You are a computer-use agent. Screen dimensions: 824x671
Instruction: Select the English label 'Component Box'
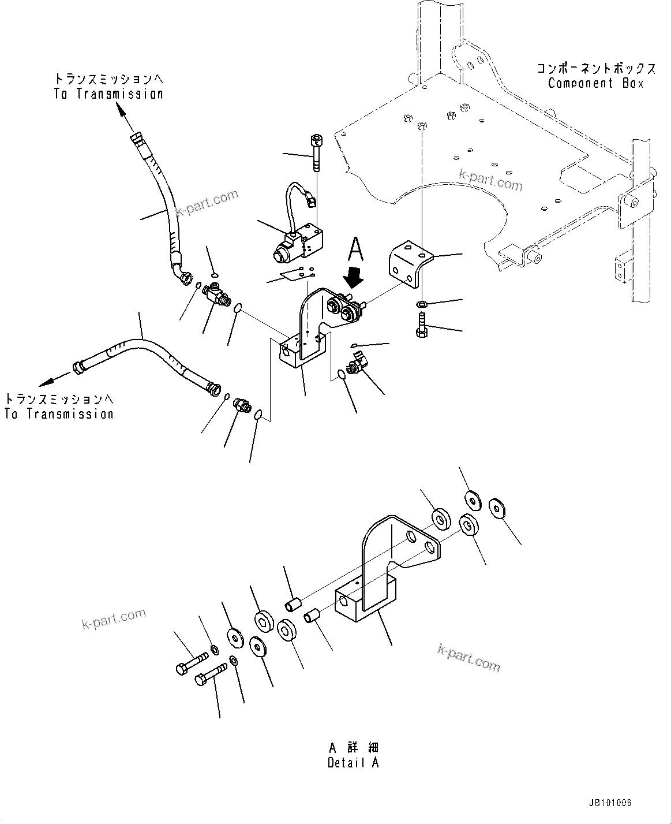point(595,83)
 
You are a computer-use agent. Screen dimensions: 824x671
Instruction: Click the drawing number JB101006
point(610,803)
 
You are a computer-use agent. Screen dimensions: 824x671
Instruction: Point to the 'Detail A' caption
point(353,762)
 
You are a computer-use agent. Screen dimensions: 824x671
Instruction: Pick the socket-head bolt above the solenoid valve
point(316,152)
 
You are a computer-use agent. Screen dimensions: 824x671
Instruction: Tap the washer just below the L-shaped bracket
point(421,304)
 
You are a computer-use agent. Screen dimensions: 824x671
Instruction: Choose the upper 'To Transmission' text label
point(109,94)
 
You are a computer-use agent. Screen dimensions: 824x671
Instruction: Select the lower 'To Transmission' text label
point(59,413)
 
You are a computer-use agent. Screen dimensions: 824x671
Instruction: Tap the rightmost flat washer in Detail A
point(497,508)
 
